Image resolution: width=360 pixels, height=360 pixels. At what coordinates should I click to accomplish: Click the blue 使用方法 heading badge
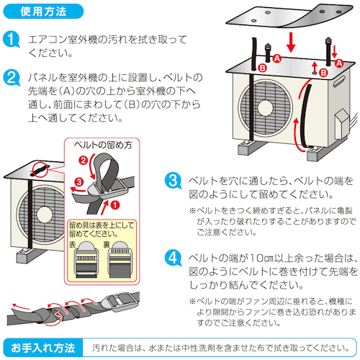coord(43,12)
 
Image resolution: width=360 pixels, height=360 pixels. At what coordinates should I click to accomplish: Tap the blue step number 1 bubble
coord(11,39)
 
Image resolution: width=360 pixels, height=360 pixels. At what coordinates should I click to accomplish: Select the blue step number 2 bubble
coord(11,78)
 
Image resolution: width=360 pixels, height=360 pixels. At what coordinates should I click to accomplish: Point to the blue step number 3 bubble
coord(173,181)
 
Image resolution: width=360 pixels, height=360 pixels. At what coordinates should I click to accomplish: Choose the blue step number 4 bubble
coord(173,258)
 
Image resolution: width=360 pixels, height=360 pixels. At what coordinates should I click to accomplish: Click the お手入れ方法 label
coord(43,348)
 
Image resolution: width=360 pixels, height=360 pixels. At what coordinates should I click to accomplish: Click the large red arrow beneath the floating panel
coord(291,42)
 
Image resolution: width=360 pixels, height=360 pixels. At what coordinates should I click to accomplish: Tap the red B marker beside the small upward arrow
coord(324,72)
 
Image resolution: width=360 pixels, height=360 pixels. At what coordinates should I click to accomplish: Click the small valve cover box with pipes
coord(341,124)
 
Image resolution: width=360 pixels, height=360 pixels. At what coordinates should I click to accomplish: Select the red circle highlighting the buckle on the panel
coord(40,169)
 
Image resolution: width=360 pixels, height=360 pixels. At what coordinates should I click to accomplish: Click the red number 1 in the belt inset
coord(115,205)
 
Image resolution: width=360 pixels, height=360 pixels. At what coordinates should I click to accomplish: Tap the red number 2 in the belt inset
coord(83,160)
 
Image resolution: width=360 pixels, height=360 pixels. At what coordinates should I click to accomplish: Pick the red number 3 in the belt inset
coord(78,181)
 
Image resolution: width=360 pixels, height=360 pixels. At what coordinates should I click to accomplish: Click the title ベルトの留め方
coord(103,145)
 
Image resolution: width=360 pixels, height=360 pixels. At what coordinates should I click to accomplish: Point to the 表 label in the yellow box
coord(73,244)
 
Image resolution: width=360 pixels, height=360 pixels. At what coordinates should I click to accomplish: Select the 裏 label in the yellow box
coord(107,244)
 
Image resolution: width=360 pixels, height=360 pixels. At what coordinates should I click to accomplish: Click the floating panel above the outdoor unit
coord(290,17)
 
